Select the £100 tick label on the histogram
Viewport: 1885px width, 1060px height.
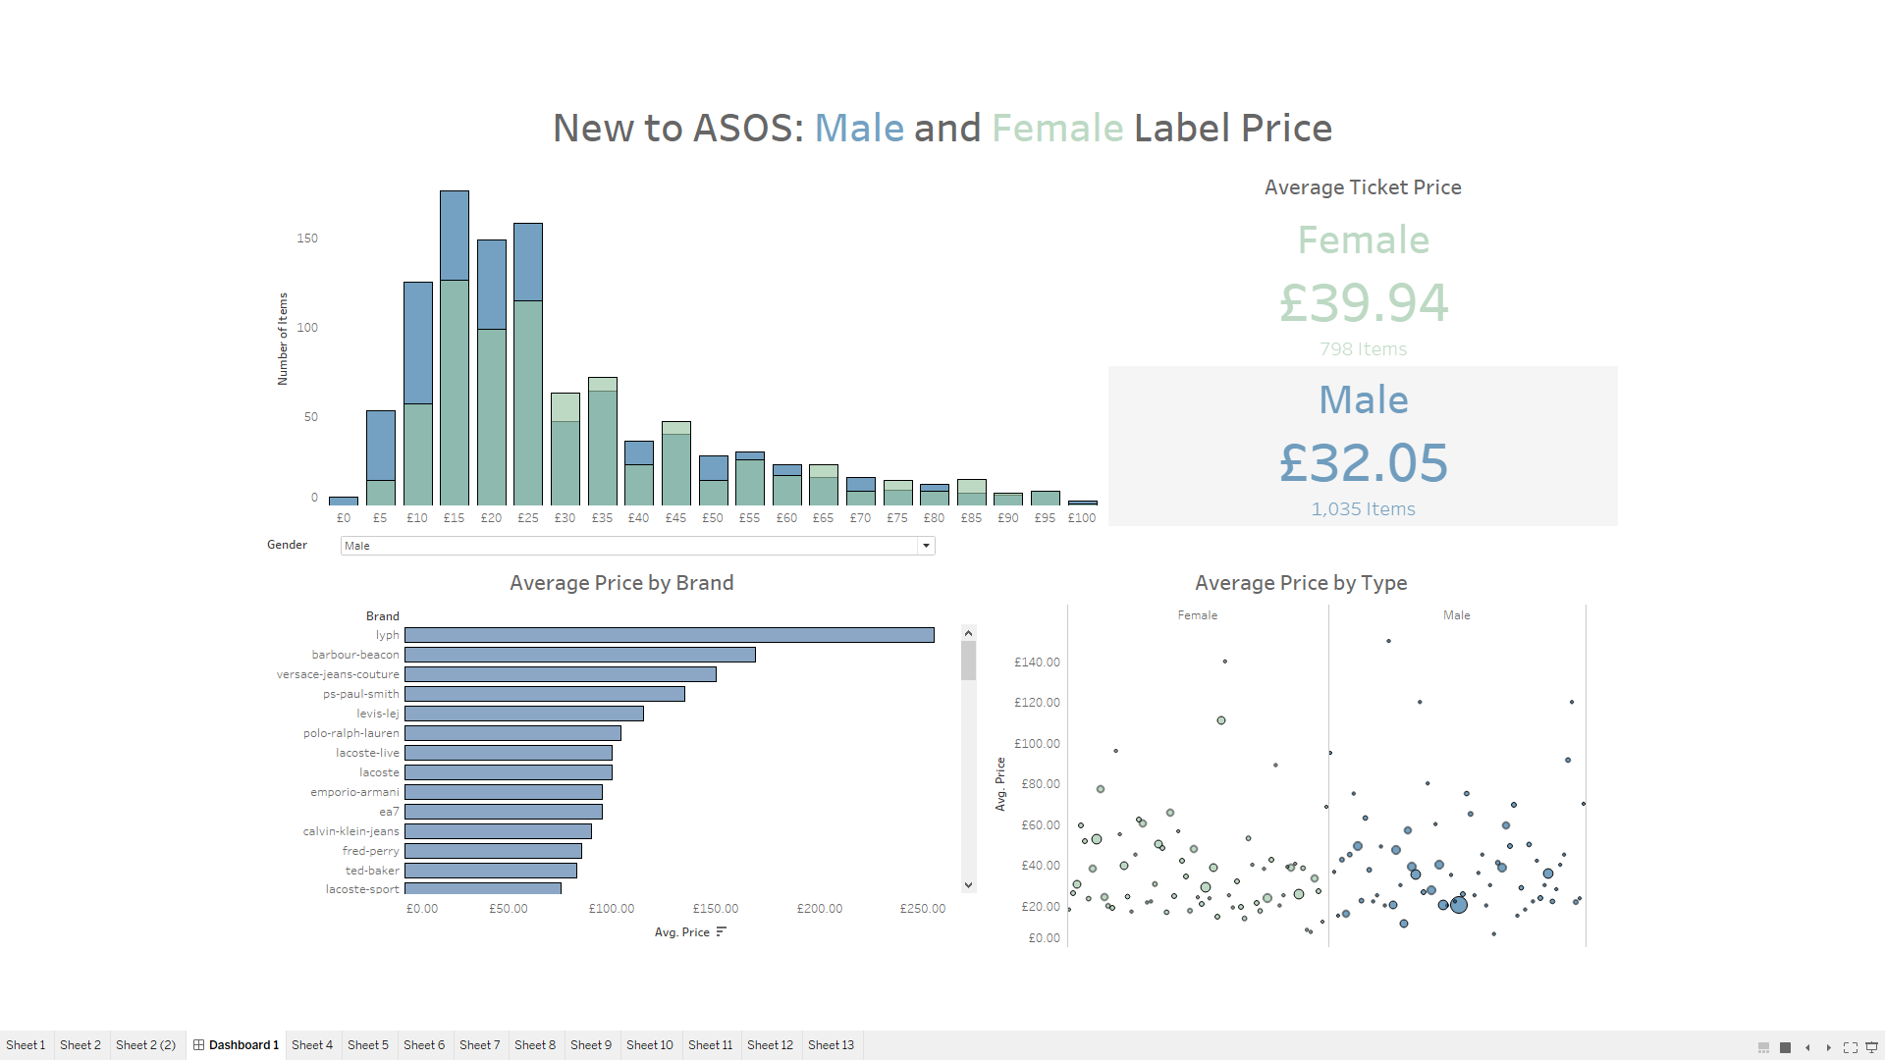(1082, 518)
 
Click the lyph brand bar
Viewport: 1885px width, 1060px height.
(669, 635)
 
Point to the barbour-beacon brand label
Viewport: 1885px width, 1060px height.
(355, 655)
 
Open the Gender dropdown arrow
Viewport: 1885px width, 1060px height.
(926, 546)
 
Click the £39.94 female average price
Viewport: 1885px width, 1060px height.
(1363, 302)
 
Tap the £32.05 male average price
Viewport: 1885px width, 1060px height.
(1363, 462)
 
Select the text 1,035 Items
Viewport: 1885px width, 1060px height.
(1363, 509)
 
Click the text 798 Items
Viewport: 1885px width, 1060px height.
(1363, 349)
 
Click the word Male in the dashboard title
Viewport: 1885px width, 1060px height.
(859, 129)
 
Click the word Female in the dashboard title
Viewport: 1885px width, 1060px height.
(1056, 129)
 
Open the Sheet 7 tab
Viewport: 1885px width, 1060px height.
(479, 1045)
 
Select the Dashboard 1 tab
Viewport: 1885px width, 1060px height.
(237, 1045)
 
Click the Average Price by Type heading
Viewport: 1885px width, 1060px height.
(1301, 583)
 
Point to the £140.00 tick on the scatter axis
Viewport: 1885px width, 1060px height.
(1037, 662)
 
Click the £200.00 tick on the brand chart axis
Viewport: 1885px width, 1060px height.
(819, 909)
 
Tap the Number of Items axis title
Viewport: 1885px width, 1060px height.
(283, 339)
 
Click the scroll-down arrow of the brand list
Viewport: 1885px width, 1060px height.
(968, 885)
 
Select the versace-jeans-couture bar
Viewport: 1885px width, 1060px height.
(560, 674)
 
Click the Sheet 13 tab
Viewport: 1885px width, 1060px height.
(831, 1045)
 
